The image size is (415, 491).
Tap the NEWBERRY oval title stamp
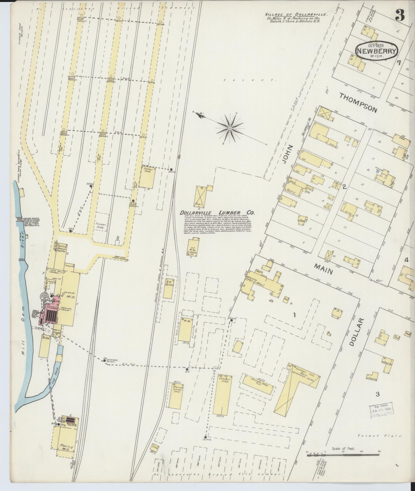click(x=377, y=51)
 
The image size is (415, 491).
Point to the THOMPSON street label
click(x=358, y=102)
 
